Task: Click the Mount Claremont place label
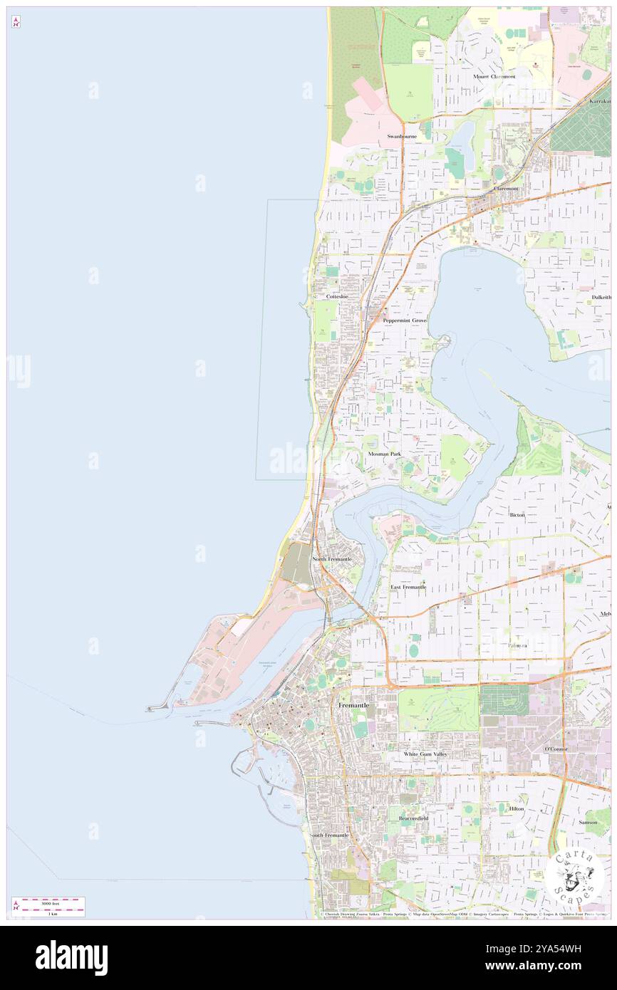pos(494,76)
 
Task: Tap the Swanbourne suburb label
pos(402,136)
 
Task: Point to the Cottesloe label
pos(337,296)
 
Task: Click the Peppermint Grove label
pos(405,321)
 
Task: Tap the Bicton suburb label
pos(517,514)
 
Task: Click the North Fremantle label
pos(332,559)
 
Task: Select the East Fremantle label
pos(408,587)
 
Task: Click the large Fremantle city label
pos(353,705)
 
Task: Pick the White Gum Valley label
pos(425,754)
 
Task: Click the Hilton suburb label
pos(517,809)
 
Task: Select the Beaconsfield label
pos(413,818)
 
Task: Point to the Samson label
pos(588,822)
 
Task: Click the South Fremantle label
pos(330,835)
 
